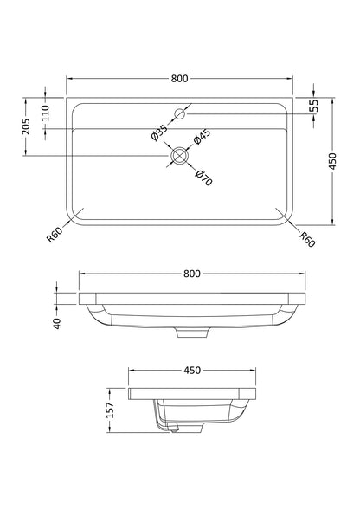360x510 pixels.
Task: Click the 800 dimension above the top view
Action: pyautogui.click(x=180, y=79)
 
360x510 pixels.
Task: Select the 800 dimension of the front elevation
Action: pyautogui.click(x=192, y=274)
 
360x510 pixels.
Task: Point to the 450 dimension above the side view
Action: pyautogui.click(x=192, y=370)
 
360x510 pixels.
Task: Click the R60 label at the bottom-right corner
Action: pyautogui.click(x=307, y=237)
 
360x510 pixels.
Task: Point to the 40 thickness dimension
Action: pyautogui.click(x=55, y=322)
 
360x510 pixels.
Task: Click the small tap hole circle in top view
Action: pyautogui.click(x=181, y=113)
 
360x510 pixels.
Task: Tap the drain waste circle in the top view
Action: pyautogui.click(x=180, y=155)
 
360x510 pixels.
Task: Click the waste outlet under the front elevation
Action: pyautogui.click(x=192, y=333)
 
